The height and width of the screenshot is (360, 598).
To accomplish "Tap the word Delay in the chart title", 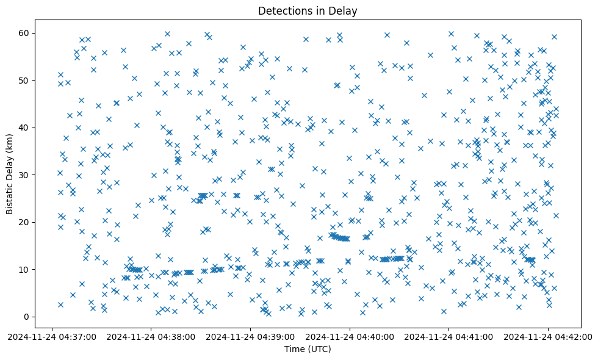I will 344,11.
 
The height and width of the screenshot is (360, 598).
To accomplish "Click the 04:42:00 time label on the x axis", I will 547,336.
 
